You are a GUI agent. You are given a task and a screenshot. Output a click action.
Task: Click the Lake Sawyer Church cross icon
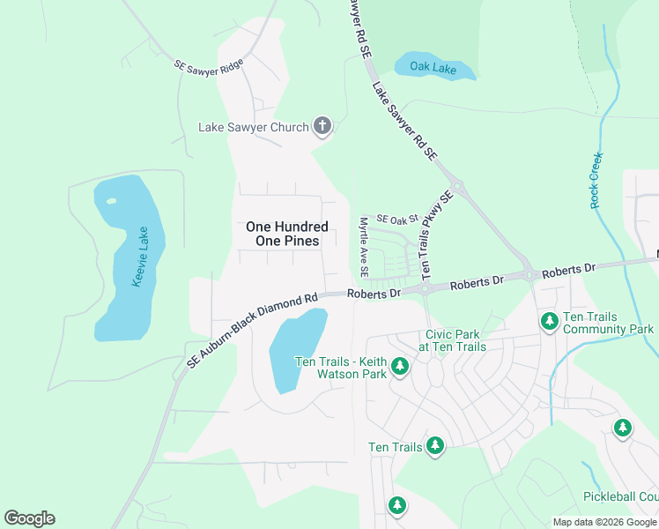322,127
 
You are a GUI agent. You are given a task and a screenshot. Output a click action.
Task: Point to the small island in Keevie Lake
111,201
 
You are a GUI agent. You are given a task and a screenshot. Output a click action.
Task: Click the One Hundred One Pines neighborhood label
287,234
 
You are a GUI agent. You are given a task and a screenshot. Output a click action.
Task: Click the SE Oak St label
396,219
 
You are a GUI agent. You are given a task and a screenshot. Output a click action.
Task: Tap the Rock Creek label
596,181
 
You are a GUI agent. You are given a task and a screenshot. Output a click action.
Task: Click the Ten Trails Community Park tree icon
550,321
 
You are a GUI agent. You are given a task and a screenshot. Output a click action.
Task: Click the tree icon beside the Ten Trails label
434,446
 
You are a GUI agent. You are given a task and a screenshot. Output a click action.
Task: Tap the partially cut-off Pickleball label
620,497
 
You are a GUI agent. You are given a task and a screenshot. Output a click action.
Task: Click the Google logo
29,518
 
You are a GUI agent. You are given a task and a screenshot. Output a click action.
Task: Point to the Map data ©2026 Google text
603,522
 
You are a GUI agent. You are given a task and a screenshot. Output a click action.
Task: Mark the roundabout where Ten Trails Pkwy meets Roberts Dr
424,288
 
